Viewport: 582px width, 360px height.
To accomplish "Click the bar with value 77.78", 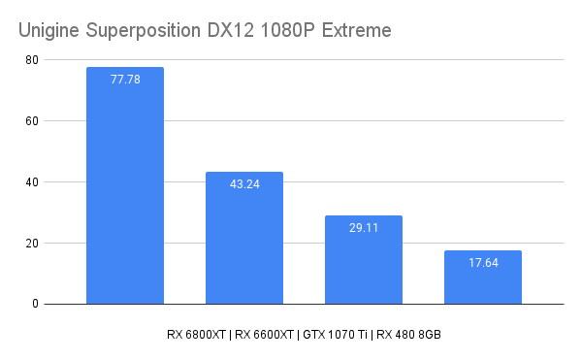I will (125, 194).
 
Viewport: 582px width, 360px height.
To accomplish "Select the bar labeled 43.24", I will (244, 243).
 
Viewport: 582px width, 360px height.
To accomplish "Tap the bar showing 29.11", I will (364, 267).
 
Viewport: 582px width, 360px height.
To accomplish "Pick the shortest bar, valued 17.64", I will (483, 281).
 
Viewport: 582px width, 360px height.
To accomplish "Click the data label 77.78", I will (125, 80).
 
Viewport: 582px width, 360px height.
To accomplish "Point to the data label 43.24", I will (244, 183).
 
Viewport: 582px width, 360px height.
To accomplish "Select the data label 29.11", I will (364, 227).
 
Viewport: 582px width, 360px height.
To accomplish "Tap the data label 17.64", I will (483, 262).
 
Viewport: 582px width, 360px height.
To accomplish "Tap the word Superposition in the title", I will (141, 31).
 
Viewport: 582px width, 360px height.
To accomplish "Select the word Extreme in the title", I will (357, 31).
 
